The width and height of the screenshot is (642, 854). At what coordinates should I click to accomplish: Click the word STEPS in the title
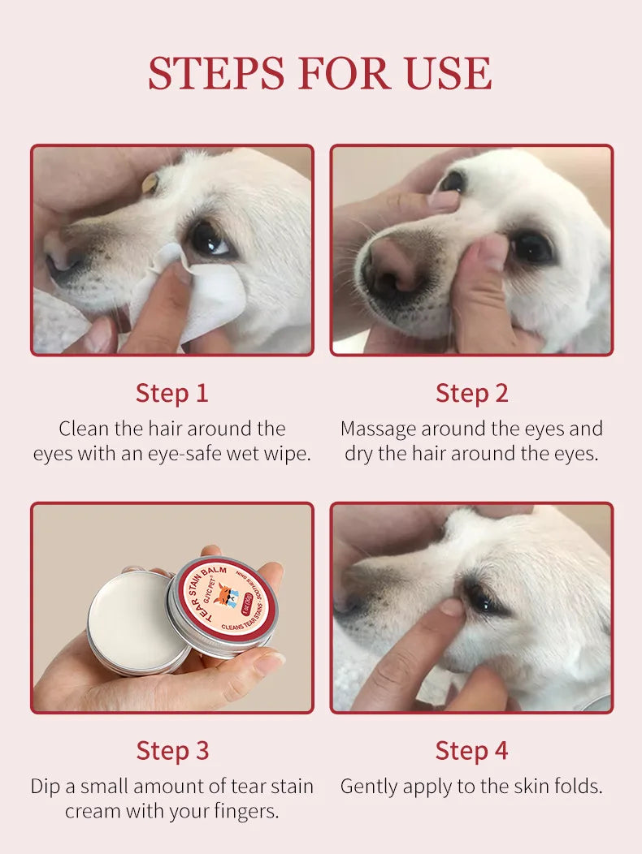(x=215, y=73)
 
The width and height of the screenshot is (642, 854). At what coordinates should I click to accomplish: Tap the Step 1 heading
(x=171, y=393)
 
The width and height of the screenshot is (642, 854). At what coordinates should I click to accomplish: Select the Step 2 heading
(x=471, y=393)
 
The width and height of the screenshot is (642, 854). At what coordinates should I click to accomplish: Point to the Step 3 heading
(x=171, y=750)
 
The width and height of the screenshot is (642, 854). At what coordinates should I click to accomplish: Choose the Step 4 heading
(x=471, y=750)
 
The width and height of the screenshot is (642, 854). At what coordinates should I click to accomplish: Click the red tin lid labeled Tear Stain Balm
(x=222, y=602)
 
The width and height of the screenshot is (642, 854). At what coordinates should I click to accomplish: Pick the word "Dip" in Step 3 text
(x=46, y=786)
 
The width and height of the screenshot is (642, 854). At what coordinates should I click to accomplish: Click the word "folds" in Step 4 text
(x=575, y=786)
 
